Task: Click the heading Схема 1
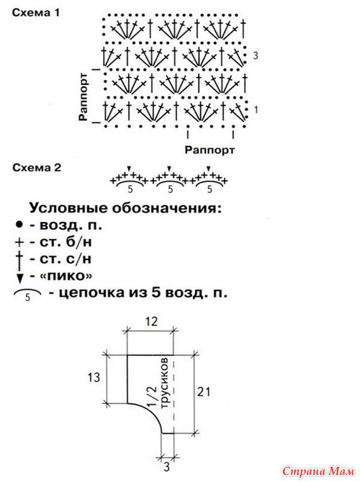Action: pyautogui.click(x=35, y=13)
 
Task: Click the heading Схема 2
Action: pyautogui.click(x=37, y=168)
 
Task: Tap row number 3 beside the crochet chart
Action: pyautogui.click(x=256, y=55)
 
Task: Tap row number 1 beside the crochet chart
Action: pyautogui.click(x=256, y=110)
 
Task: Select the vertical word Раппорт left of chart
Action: pyautogui.click(x=84, y=97)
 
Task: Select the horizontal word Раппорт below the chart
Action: pyautogui.click(x=210, y=150)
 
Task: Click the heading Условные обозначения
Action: pyautogui.click(x=125, y=208)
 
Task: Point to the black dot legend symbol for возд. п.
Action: pyautogui.click(x=19, y=225)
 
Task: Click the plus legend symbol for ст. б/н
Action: pyautogui.click(x=19, y=243)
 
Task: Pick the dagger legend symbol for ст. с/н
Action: pyautogui.click(x=19, y=259)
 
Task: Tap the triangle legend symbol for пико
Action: pyautogui.click(x=19, y=278)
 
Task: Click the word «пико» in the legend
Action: pyautogui.click(x=66, y=276)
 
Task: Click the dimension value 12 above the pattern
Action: pyautogui.click(x=151, y=321)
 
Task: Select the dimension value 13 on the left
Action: pyautogui.click(x=94, y=377)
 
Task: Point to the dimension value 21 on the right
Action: pyautogui.click(x=204, y=392)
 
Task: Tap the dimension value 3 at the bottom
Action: pyautogui.click(x=166, y=467)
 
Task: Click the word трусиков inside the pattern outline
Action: pyautogui.click(x=165, y=383)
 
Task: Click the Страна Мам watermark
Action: pyautogui.click(x=318, y=471)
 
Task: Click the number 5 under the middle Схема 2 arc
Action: pyautogui.click(x=170, y=189)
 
